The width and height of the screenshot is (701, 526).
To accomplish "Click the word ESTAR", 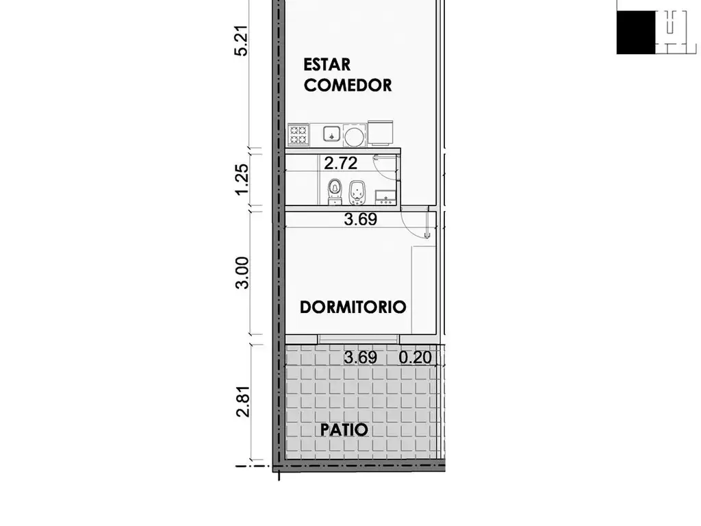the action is [x=327, y=65].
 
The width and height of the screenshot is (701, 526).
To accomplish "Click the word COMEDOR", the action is [x=348, y=85].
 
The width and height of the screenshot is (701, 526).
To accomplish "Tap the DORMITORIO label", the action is [x=353, y=308].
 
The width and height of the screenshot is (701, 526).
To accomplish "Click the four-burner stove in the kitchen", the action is [x=298, y=135].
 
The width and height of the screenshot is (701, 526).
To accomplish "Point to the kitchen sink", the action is [x=331, y=134].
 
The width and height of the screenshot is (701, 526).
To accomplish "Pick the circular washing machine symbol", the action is [x=355, y=136].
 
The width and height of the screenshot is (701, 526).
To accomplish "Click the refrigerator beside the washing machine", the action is [x=381, y=133].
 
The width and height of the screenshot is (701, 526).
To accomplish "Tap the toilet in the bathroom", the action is [x=334, y=192].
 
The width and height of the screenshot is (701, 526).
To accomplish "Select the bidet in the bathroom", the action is [x=356, y=192].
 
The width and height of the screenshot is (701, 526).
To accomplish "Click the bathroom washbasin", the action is [x=385, y=197].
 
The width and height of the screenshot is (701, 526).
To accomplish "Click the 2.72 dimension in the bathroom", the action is [x=341, y=163].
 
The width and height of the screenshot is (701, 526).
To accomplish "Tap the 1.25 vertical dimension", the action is [x=241, y=179].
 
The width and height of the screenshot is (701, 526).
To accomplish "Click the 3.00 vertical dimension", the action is [x=242, y=273].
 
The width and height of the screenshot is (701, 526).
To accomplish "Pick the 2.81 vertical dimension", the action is [x=242, y=401].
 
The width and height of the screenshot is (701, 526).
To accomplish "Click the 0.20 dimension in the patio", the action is [x=416, y=358].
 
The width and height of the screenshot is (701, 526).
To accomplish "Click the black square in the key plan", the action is [x=636, y=33].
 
